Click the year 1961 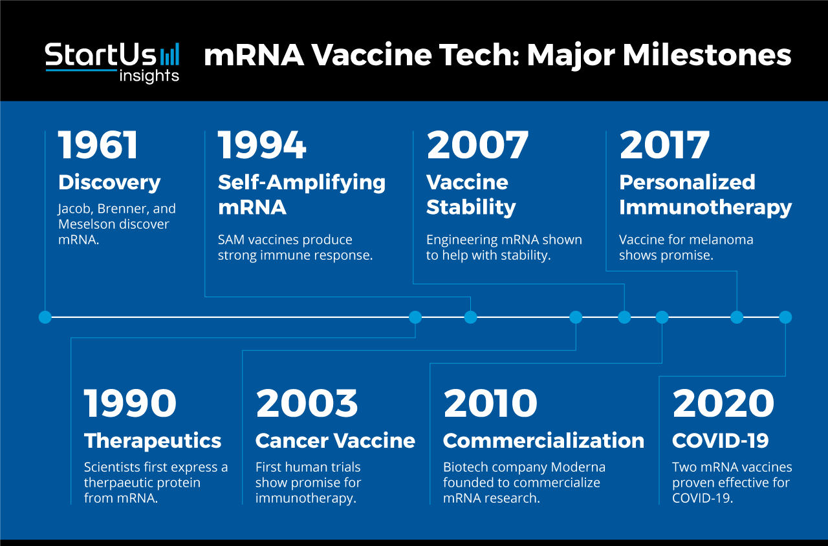click(98, 145)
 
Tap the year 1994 click(262, 145)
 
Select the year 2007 click(477, 145)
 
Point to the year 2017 click(664, 145)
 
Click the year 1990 click(130, 403)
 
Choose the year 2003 click(307, 403)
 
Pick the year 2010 click(490, 403)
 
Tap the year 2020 click(723, 403)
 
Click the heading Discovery click(109, 183)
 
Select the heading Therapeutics click(153, 441)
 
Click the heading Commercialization click(543, 441)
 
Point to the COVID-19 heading click(721, 441)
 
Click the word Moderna click(578, 467)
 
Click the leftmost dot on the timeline click(45, 317)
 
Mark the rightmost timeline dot click(785, 317)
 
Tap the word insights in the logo click(149, 76)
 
